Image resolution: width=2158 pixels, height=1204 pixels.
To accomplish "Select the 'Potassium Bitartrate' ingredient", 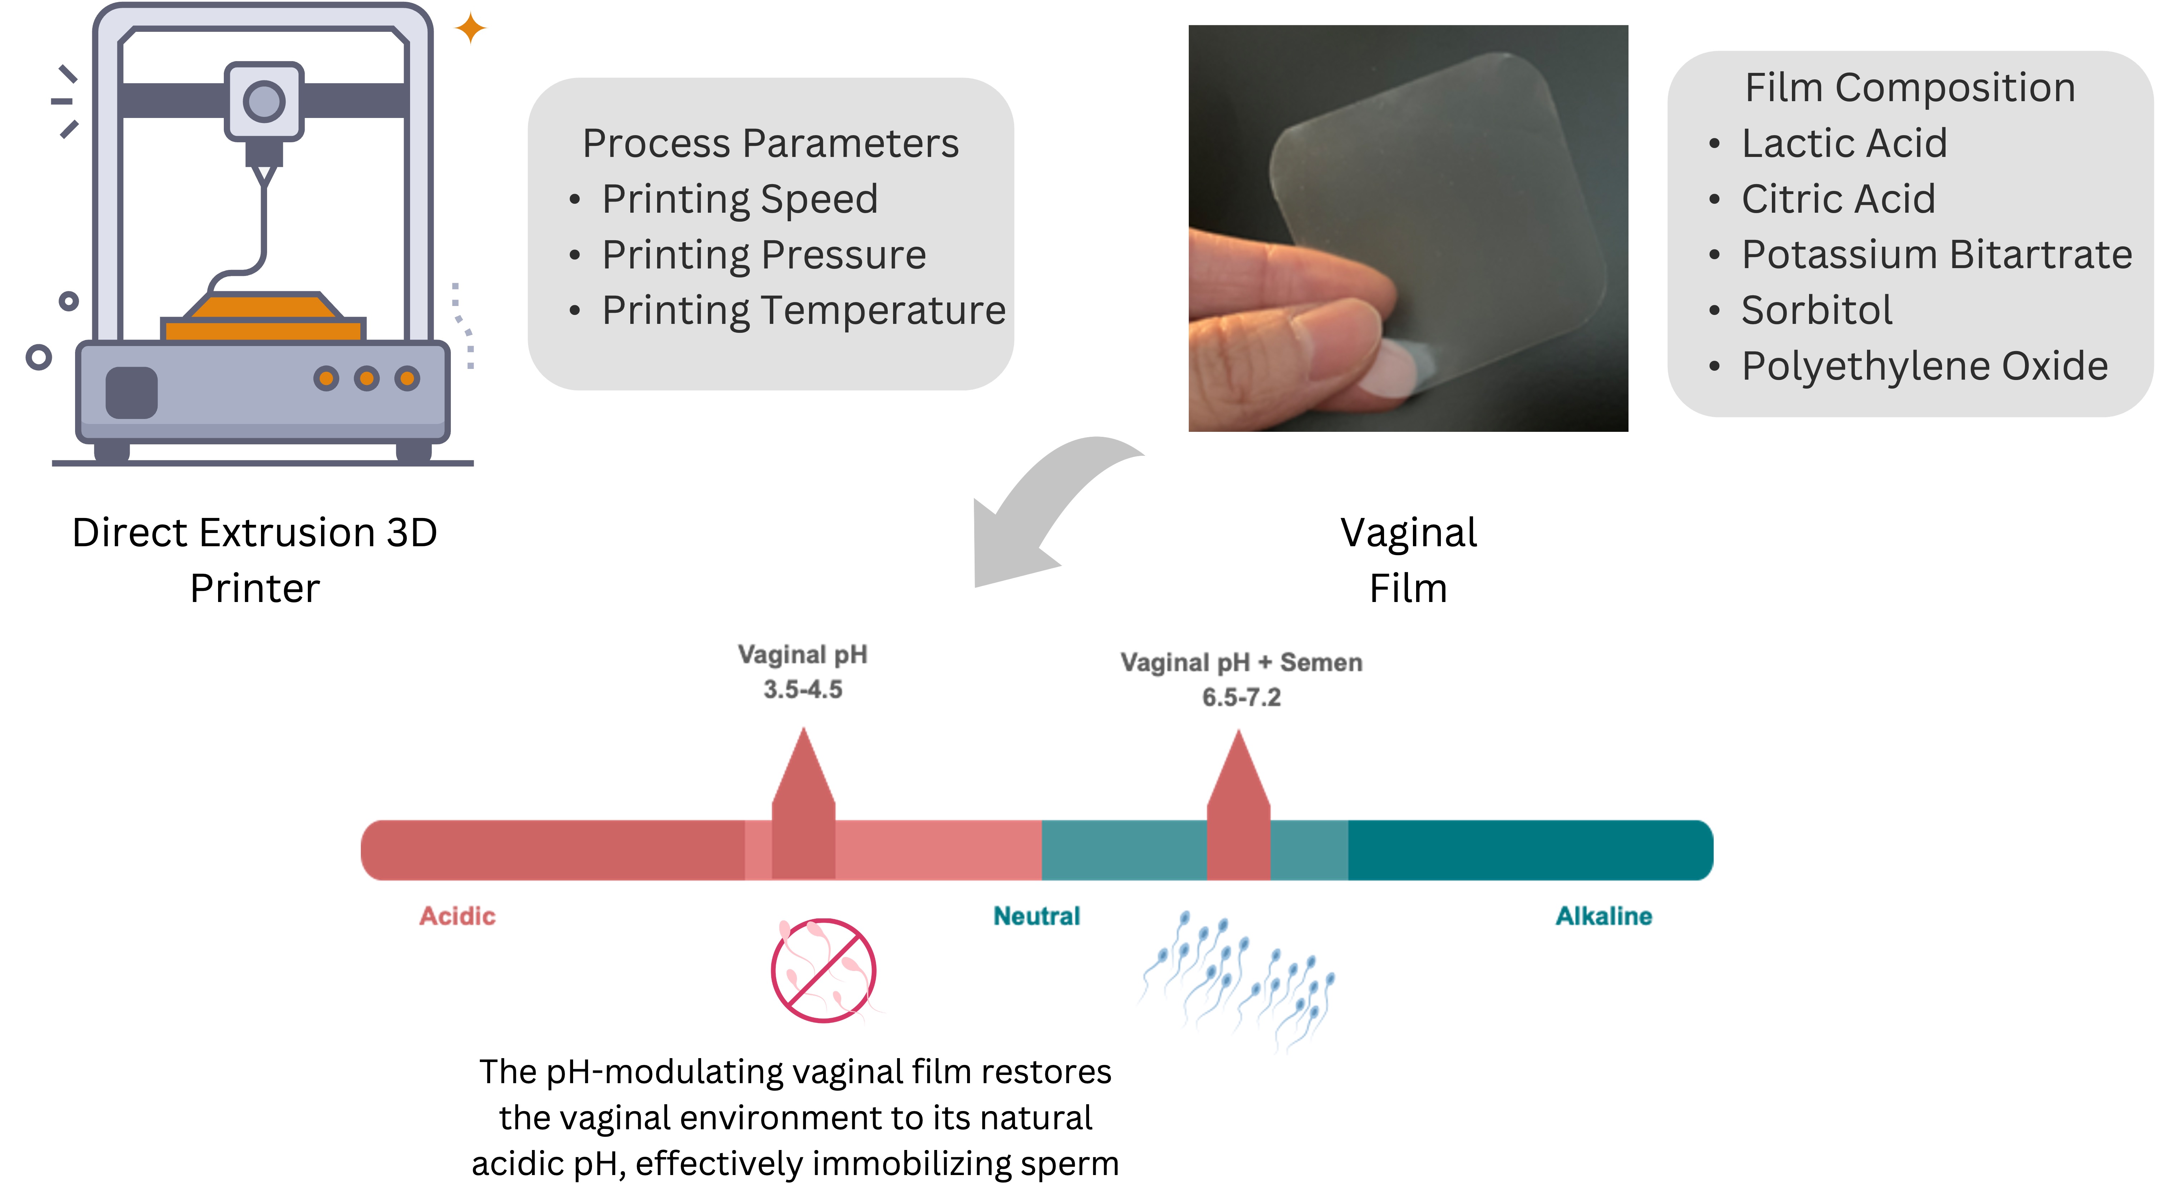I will click(x=1936, y=255).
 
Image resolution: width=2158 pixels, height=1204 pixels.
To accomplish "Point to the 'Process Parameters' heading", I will click(x=770, y=143).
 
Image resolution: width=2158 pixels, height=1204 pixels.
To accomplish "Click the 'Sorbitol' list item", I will click(x=1816, y=310).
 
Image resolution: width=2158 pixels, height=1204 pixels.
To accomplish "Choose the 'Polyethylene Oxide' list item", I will click(x=1924, y=366).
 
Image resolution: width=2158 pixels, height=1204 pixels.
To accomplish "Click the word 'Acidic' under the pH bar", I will click(x=457, y=916).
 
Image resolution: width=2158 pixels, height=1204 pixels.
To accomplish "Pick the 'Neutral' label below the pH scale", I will click(x=1036, y=916).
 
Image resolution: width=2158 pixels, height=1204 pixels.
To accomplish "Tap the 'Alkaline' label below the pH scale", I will click(x=1603, y=916).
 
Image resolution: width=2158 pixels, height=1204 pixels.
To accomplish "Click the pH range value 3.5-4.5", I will click(x=803, y=690).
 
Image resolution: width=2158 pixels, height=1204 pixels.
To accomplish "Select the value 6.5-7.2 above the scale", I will click(x=1241, y=697).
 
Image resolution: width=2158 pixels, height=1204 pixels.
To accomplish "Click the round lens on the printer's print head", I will click(x=264, y=102).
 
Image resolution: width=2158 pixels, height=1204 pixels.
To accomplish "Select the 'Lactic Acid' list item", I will click(x=1844, y=143).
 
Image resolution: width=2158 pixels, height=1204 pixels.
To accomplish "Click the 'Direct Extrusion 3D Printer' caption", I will click(x=255, y=560).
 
